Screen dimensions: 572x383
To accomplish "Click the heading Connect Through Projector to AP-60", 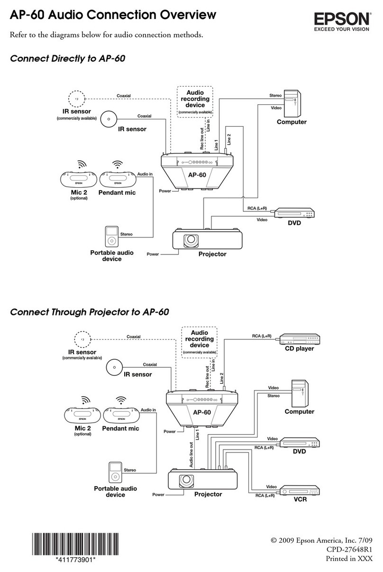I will click(89, 313).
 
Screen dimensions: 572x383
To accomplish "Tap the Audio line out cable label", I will click(191, 455).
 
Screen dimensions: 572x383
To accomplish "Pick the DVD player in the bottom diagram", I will click(299, 444).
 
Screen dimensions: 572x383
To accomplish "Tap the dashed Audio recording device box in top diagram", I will click(195, 100).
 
